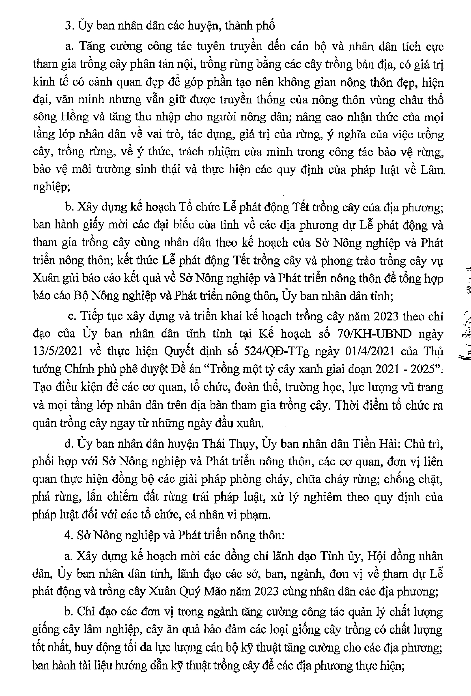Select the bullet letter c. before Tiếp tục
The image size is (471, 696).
[x=72, y=316]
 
